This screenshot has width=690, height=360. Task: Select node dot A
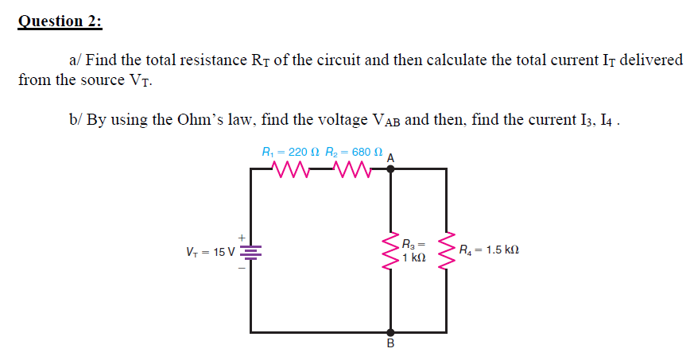pos(390,168)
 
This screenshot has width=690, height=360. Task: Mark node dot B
pos(390,332)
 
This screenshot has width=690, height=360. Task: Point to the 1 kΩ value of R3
pos(414,258)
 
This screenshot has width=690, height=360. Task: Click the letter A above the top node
pos(390,157)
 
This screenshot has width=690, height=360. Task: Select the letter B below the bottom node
pos(390,345)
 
